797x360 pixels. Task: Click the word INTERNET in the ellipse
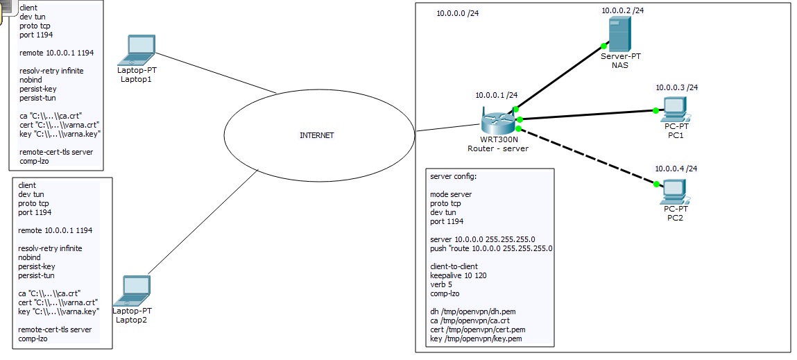point(317,135)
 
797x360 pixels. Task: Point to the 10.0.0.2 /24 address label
point(623,10)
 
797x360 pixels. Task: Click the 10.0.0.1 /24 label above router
point(496,95)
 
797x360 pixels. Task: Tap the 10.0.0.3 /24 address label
point(676,87)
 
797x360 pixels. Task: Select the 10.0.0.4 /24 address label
point(676,169)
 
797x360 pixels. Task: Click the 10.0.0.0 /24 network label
point(458,13)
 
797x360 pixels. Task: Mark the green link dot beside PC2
point(656,184)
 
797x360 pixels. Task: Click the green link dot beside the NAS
point(603,46)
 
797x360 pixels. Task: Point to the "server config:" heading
point(454,176)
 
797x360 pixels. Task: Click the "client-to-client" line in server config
point(454,266)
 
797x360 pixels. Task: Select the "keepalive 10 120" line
point(457,275)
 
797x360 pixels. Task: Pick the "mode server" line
point(451,194)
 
